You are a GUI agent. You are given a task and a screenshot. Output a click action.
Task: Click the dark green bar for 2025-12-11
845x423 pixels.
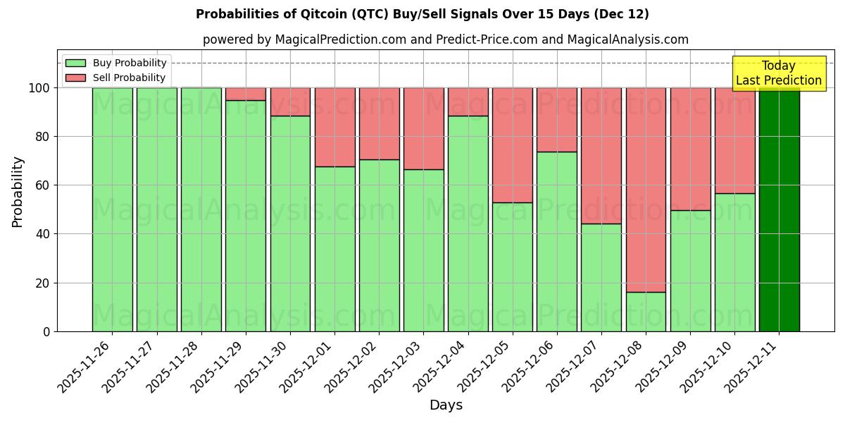click(779, 209)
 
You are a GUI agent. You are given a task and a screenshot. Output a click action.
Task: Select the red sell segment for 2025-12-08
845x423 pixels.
click(646, 190)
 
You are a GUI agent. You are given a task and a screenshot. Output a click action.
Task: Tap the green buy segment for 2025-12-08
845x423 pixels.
click(646, 312)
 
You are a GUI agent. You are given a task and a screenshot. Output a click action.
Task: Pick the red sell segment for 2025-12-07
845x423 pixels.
click(601, 155)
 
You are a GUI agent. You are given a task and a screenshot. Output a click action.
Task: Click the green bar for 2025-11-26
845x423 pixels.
click(112, 209)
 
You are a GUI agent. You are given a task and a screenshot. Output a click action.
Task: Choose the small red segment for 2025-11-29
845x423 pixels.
click(246, 94)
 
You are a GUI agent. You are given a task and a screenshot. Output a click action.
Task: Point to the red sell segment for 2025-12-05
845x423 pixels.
click(512, 145)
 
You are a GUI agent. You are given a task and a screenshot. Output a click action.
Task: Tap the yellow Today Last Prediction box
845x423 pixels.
click(779, 73)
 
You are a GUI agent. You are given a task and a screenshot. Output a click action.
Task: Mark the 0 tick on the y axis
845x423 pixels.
click(46, 331)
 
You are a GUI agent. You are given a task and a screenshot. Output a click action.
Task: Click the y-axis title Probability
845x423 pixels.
click(18, 191)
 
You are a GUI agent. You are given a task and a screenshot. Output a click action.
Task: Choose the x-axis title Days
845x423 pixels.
click(446, 405)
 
